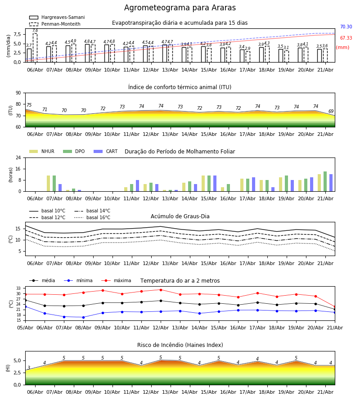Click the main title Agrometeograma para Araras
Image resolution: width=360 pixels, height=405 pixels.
(x=180, y=8)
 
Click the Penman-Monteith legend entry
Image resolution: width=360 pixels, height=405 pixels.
(x=55, y=24)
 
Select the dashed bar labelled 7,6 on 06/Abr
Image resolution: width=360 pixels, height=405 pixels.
(x=35, y=48)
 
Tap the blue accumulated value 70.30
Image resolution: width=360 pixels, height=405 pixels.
(x=346, y=27)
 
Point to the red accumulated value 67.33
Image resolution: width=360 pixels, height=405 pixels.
(x=346, y=38)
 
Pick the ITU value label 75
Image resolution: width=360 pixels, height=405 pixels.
(x=29, y=105)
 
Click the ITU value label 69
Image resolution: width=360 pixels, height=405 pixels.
(x=331, y=111)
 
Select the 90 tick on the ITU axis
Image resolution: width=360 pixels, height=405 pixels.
(x=18, y=93)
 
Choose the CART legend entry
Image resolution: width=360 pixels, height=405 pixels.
(x=106, y=151)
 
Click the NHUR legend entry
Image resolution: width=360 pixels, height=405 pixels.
(x=42, y=151)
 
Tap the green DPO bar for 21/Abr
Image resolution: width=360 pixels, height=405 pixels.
(x=325, y=181)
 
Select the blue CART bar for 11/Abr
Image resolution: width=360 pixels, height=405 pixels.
(x=137, y=186)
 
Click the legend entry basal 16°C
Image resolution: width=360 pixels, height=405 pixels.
(x=92, y=217)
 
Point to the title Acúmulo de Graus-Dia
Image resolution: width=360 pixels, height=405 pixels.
(x=180, y=216)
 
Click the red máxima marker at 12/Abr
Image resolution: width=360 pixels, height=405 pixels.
(x=161, y=290)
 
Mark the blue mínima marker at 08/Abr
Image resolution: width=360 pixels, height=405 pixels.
(x=83, y=317)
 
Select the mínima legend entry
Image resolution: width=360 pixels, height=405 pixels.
(x=78, y=280)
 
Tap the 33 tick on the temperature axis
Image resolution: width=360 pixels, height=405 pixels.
(x=18, y=288)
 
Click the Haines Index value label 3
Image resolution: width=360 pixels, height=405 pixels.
(x=29, y=368)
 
